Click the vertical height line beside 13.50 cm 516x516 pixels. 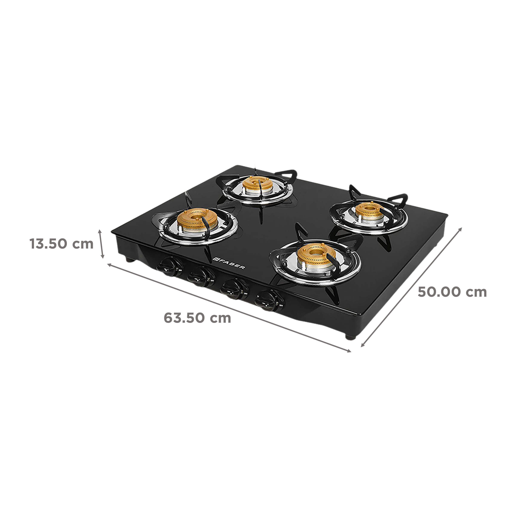coord(101,244)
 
